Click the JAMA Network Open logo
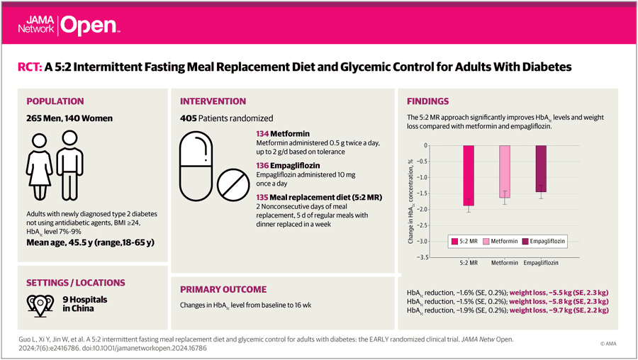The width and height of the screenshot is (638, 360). pyautogui.click(x=69, y=26)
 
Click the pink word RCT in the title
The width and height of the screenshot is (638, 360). pyautogui.click(x=30, y=67)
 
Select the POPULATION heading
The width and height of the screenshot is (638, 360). pyautogui.click(x=55, y=101)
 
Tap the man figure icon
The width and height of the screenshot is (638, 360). pyautogui.click(x=69, y=165)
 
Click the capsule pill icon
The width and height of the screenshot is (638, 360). pyautogui.click(x=196, y=166)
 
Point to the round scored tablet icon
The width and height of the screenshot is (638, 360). pyautogui.click(x=233, y=185)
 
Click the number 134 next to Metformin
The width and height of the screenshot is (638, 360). pyautogui.click(x=262, y=134)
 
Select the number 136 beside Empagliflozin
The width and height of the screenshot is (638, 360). pyautogui.click(x=262, y=166)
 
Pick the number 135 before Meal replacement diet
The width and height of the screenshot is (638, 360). pyautogui.click(x=262, y=197)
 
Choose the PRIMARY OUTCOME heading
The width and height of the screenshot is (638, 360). pyautogui.click(x=223, y=290)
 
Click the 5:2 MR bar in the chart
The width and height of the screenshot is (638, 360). pyautogui.click(x=469, y=175)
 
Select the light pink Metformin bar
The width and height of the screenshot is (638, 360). pyautogui.click(x=505, y=171)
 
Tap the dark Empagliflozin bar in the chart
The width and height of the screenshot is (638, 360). pyautogui.click(x=541, y=169)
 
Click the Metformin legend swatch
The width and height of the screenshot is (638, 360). pyautogui.click(x=486, y=241)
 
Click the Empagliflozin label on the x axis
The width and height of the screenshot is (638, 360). pyautogui.click(x=541, y=263)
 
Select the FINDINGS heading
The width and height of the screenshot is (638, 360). pyautogui.click(x=427, y=101)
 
